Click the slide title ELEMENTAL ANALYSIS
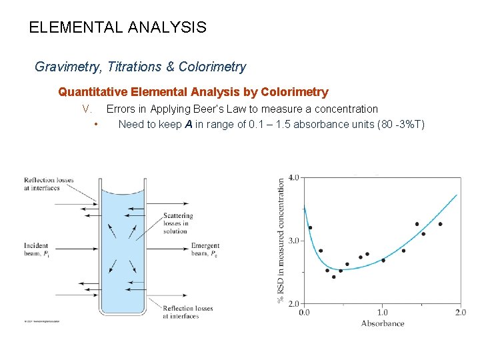[118, 28]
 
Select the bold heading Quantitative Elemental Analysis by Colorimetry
[193, 92]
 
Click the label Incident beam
[37, 249]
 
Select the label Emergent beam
[205, 249]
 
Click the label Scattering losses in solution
[178, 223]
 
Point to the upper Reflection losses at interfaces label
[49, 184]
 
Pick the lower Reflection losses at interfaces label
[187, 312]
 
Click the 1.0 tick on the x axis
[382, 312]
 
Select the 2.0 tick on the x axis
[460, 312]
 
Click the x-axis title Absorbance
[383, 323]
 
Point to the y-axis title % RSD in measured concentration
[281, 240]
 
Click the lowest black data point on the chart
[334, 277]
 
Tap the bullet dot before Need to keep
[97, 125]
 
